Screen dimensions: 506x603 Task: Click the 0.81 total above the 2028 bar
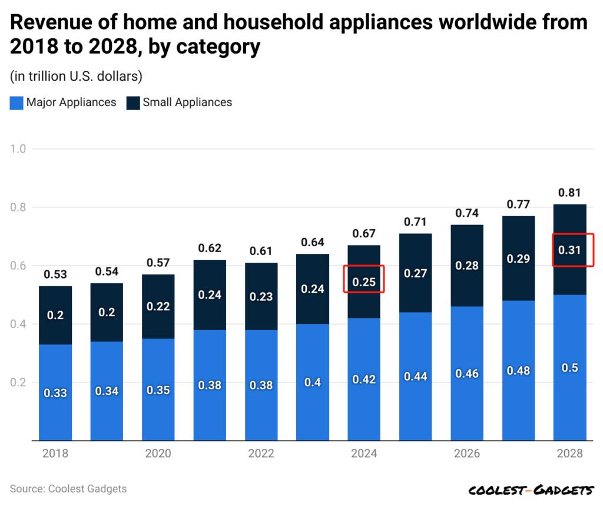pyautogui.click(x=569, y=192)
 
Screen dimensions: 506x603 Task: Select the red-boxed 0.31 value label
pyautogui.click(x=569, y=250)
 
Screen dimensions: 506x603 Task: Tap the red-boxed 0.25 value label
pyautogui.click(x=364, y=282)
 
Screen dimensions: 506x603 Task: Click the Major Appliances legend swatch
pyautogui.click(x=16, y=102)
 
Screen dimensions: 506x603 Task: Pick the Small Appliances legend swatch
pyautogui.click(x=133, y=102)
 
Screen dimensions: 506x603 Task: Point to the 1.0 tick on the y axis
pyautogui.click(x=18, y=148)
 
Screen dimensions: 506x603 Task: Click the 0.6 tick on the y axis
pyautogui.click(x=18, y=266)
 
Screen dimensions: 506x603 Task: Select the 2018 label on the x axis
pyautogui.click(x=55, y=454)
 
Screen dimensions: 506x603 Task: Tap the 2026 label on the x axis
pyautogui.click(x=467, y=454)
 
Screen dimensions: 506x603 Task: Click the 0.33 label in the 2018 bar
pyautogui.click(x=55, y=393)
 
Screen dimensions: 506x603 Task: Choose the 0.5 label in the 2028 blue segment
pyautogui.click(x=569, y=368)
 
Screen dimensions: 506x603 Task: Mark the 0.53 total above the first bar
pyautogui.click(x=55, y=274)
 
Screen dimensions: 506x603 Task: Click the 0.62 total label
pyautogui.click(x=210, y=247)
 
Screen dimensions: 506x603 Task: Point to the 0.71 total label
pyautogui.click(x=415, y=221)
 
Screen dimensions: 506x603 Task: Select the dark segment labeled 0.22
pyautogui.click(x=158, y=306)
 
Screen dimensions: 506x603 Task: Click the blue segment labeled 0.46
pyautogui.click(x=467, y=373)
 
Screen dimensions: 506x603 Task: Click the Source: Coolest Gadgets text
pyautogui.click(x=68, y=489)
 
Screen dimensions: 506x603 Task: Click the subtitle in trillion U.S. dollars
pyautogui.click(x=76, y=76)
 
